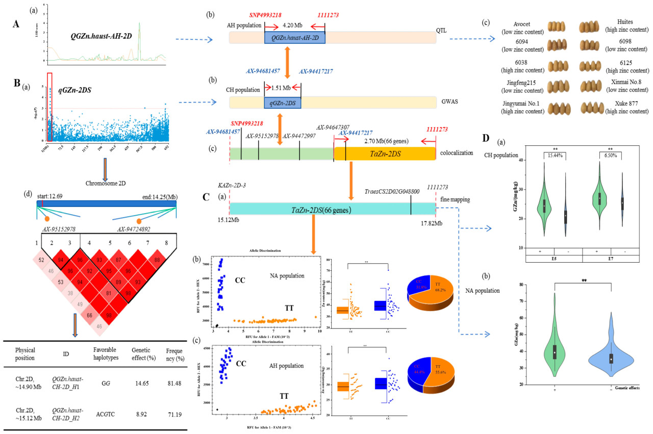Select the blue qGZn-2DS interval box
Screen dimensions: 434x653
tap(282, 102)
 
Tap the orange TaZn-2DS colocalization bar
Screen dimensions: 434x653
tap(384, 154)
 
